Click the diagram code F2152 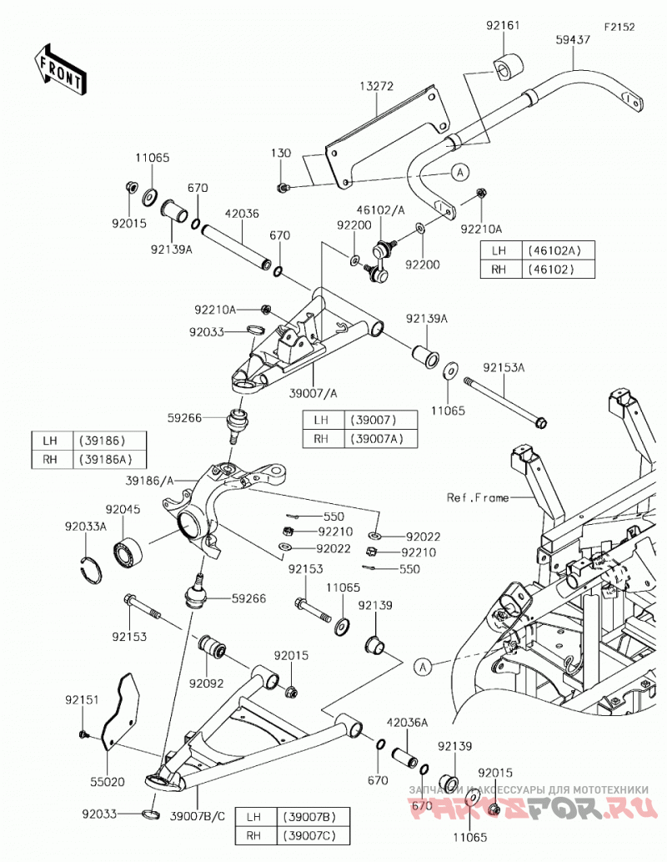pyautogui.click(x=619, y=27)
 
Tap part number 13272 pyautogui.click(x=376, y=86)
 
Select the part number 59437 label pyautogui.click(x=573, y=39)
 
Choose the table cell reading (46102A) pyautogui.click(x=554, y=250)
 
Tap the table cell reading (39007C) pyautogui.click(x=308, y=836)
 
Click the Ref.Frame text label pyautogui.click(x=478, y=497)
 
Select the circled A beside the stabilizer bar pyautogui.click(x=460, y=172)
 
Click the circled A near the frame pyautogui.click(x=423, y=668)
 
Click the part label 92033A pyautogui.click(x=85, y=526)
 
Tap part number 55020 pyautogui.click(x=108, y=781)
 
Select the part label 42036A pyautogui.click(x=407, y=723)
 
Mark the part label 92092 pyautogui.click(x=207, y=683)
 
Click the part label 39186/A pyautogui.click(x=149, y=481)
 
